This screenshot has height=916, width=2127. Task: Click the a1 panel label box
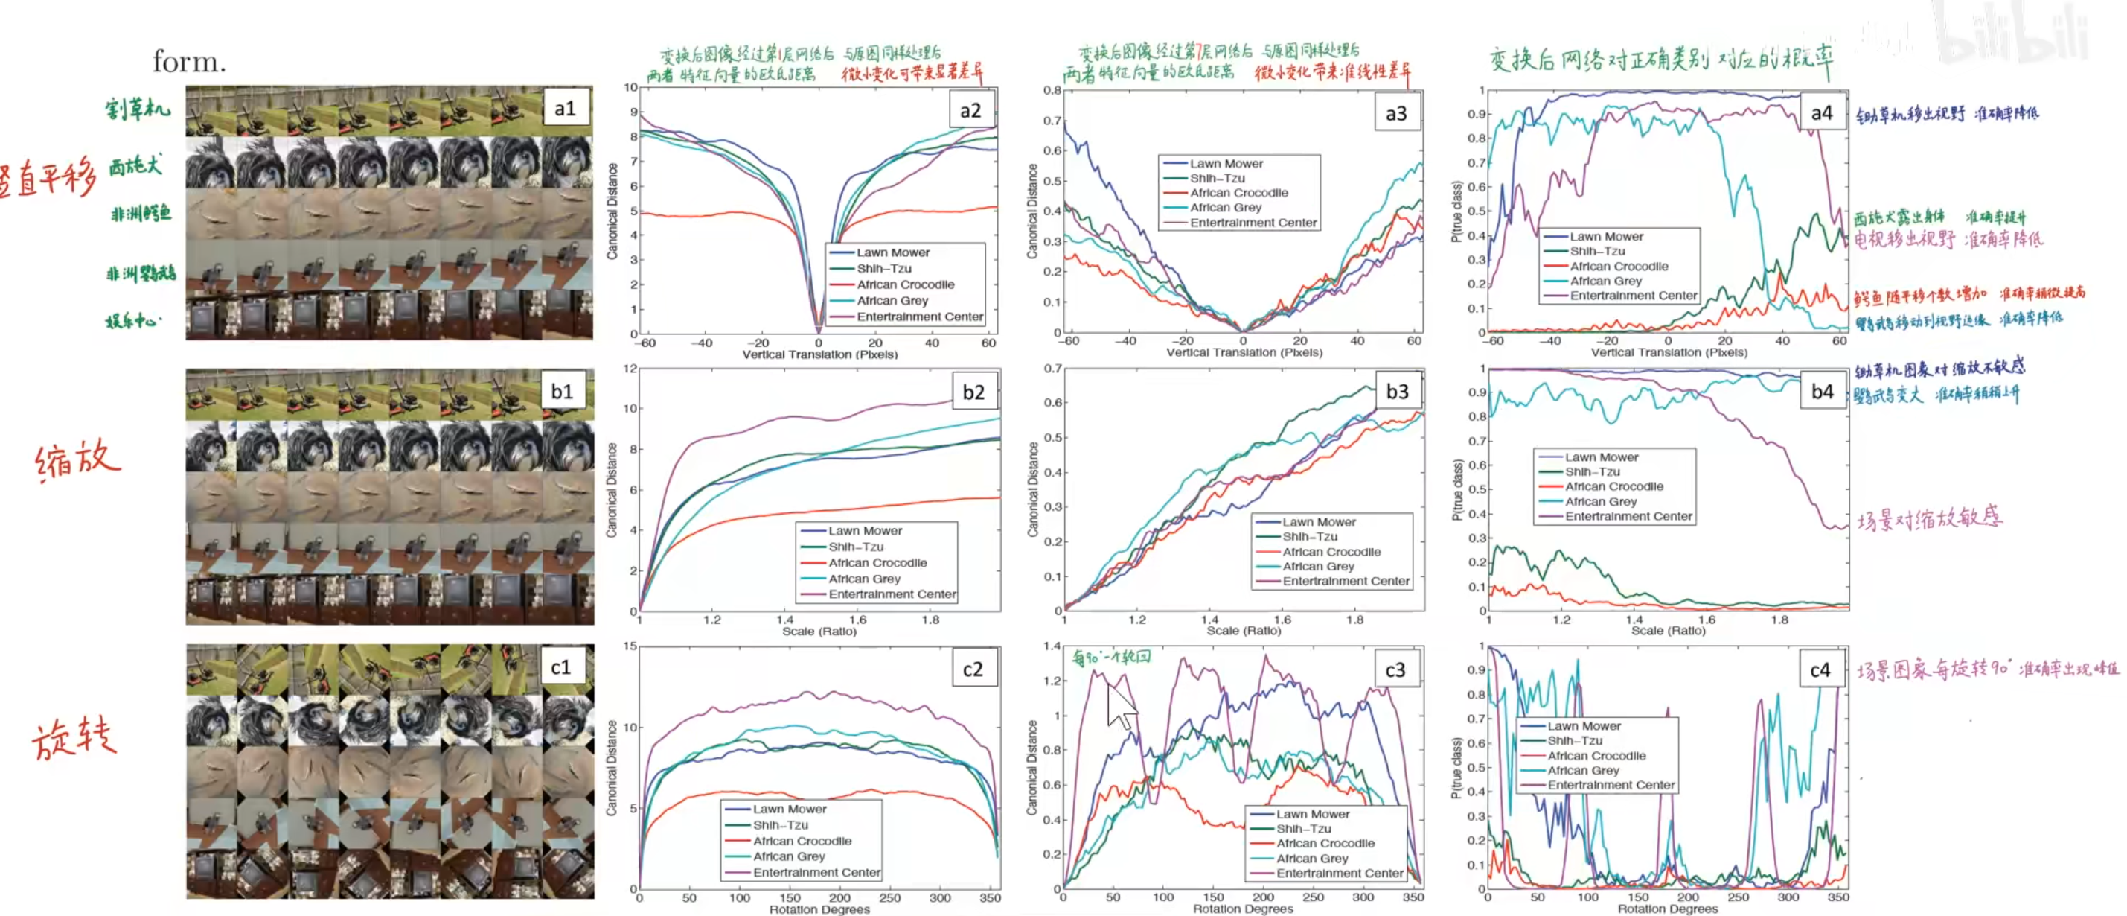click(x=566, y=108)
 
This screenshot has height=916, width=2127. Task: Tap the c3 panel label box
click(x=1395, y=669)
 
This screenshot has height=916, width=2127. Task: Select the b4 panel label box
click(x=1823, y=392)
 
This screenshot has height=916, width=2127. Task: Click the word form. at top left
click(x=189, y=61)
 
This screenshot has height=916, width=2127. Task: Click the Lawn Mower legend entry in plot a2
click(x=892, y=252)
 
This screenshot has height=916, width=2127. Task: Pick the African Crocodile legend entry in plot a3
click(x=1238, y=192)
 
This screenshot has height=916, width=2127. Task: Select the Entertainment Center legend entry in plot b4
click(x=1628, y=516)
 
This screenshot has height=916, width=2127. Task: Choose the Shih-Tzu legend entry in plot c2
click(x=780, y=825)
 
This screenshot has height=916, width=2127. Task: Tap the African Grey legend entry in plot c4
click(x=1583, y=771)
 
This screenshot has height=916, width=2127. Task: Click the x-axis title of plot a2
click(x=820, y=355)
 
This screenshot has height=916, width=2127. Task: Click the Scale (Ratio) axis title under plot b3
click(x=1244, y=631)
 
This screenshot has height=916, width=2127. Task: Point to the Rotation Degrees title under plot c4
click(x=1667, y=909)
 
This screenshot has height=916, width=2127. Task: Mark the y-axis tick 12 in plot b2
click(x=630, y=369)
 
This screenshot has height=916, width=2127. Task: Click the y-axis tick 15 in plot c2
click(x=630, y=646)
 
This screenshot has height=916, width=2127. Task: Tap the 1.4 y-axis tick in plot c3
click(x=1052, y=646)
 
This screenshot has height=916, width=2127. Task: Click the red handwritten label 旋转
click(x=74, y=737)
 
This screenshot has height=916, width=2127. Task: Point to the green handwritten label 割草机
click(x=137, y=108)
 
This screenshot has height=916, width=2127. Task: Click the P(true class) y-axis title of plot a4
click(x=1456, y=212)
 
